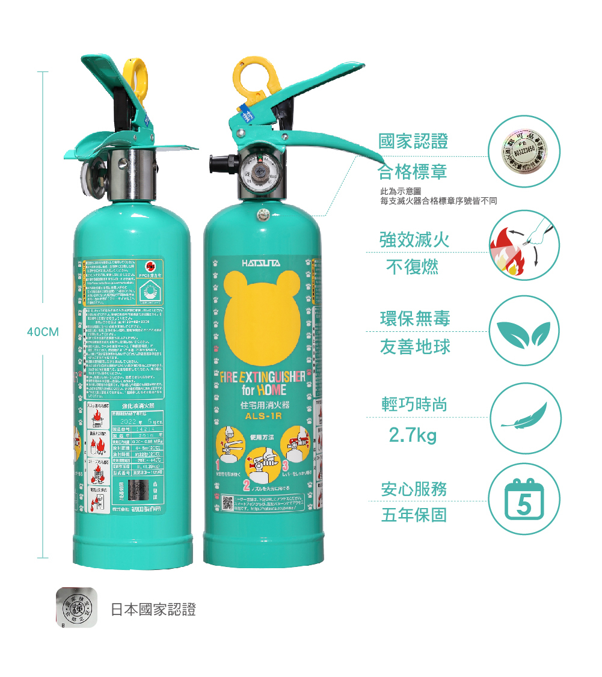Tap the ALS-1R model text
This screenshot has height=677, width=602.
click(259, 415)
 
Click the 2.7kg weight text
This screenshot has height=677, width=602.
click(413, 435)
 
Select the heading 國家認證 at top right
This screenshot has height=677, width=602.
click(413, 142)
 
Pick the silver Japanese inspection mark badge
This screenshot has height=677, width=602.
click(76, 608)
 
